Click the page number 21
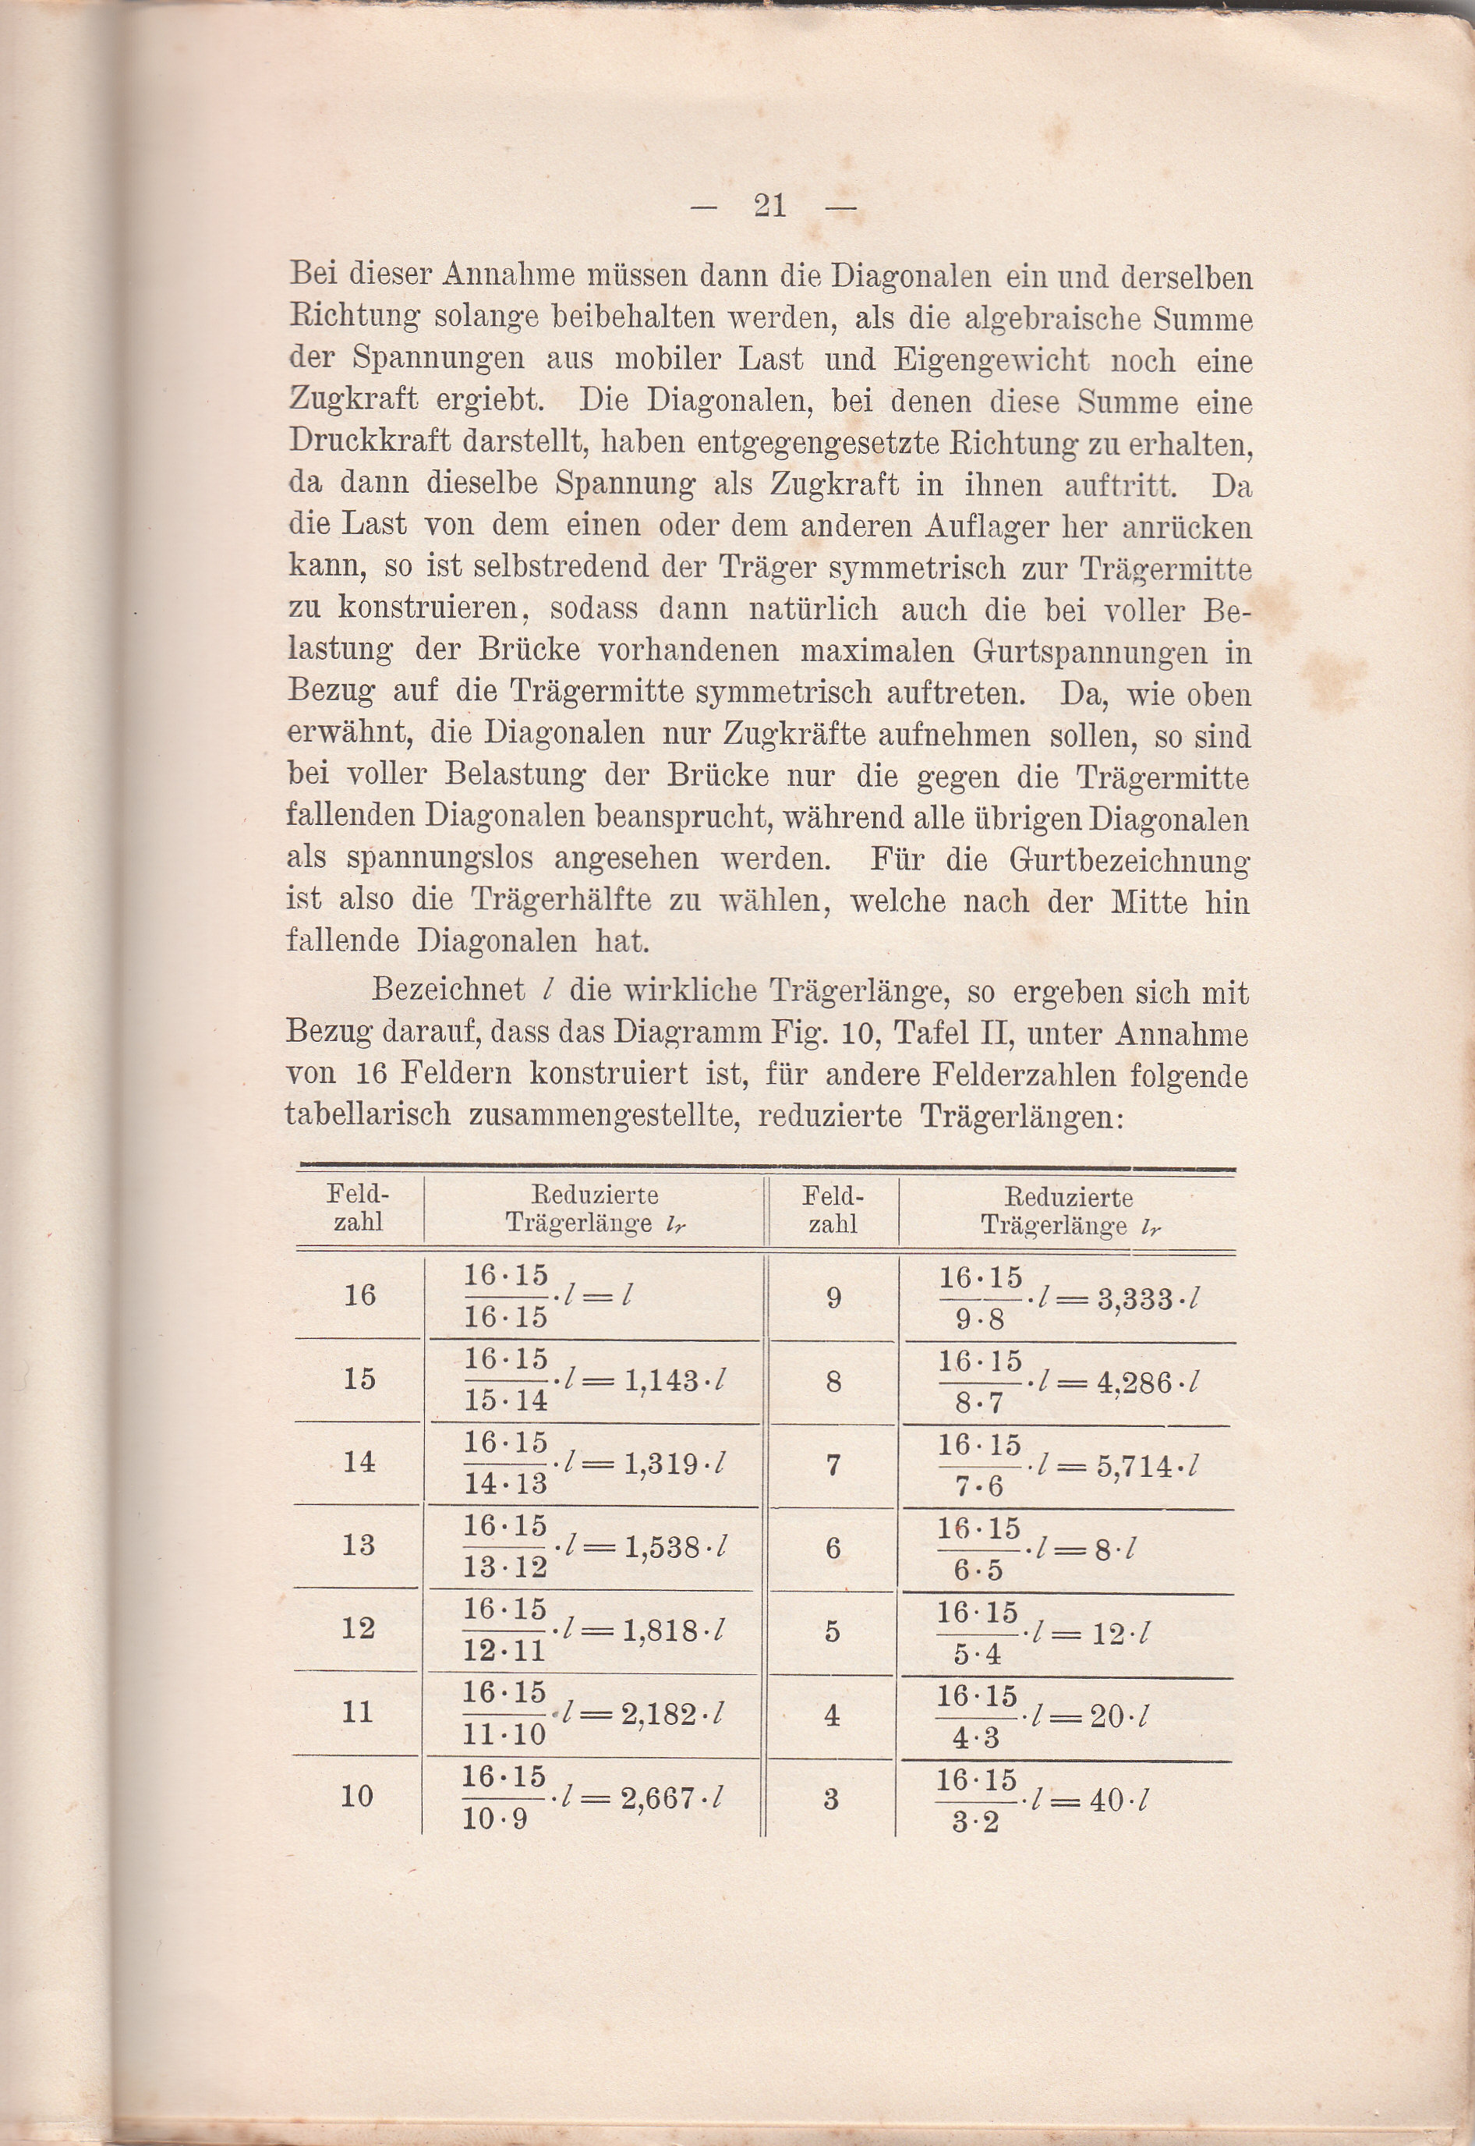point(769,205)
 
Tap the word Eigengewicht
point(991,359)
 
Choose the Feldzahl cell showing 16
point(359,1294)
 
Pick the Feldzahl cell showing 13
point(359,1544)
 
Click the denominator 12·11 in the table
point(504,1650)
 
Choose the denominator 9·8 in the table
point(981,1319)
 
